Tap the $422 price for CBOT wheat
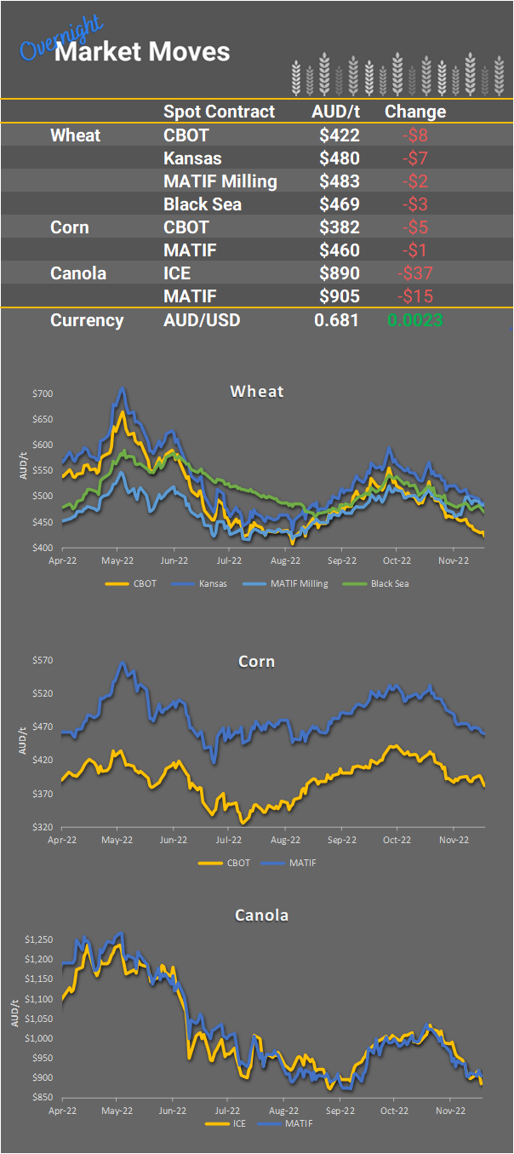[x=340, y=135]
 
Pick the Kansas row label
[x=191, y=158]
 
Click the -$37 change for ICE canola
[x=415, y=273]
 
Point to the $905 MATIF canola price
[x=340, y=296]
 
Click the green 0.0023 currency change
[x=414, y=320]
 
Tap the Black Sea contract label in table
[x=203, y=204]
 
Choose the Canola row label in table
[x=78, y=273]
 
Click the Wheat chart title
[x=256, y=392]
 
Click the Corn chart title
[x=256, y=661]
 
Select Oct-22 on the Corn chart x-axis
[x=397, y=840]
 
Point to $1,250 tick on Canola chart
[x=39, y=939]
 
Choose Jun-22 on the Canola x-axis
[x=174, y=1111]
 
